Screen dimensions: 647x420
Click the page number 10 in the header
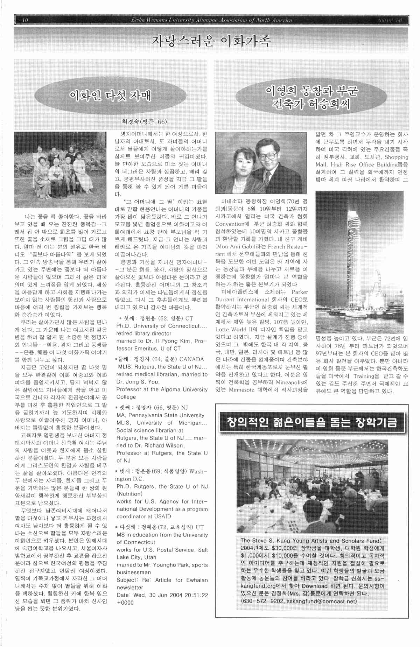coord(24,20)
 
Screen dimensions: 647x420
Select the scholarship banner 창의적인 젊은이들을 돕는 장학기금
coord(311,423)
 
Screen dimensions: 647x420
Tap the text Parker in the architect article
coord(300,292)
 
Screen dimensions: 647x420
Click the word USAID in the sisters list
coord(163,516)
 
